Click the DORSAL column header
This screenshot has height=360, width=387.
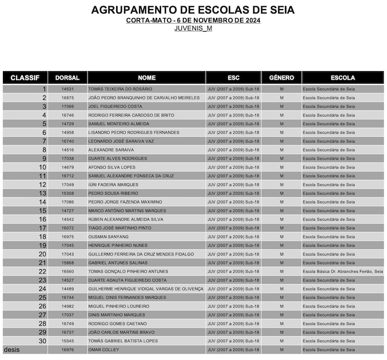(67, 78)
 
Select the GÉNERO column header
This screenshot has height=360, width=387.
(281, 78)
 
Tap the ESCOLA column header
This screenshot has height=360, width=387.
(342, 78)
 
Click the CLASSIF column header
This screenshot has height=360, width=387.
(25, 78)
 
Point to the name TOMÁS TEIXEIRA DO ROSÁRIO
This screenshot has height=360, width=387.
(120, 89)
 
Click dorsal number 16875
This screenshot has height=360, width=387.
(68, 98)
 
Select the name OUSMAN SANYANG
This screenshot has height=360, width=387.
(108, 237)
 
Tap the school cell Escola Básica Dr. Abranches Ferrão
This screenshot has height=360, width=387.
(342, 272)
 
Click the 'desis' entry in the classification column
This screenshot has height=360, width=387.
(12, 349)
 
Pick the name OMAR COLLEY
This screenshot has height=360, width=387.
(104, 350)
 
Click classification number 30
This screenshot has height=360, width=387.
(43, 341)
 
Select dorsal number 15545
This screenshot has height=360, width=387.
(68, 341)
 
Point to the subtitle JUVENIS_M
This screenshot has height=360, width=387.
(193, 28)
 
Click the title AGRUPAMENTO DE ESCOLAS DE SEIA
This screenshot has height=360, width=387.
(193, 10)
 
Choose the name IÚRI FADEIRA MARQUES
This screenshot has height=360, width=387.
(113, 185)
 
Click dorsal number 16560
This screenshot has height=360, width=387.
(68, 272)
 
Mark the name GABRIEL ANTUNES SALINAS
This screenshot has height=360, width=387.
(118, 263)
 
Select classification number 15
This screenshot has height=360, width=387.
(43, 211)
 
